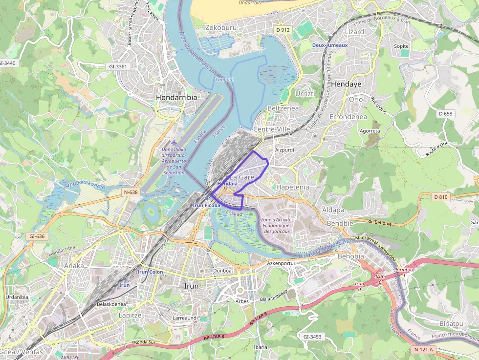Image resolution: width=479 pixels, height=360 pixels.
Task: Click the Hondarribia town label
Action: coord(176,97)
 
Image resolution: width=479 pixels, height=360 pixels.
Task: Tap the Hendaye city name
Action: coord(346,84)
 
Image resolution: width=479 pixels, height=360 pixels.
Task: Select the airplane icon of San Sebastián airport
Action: coord(174,142)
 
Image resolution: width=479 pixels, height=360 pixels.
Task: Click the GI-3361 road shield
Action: coord(118,66)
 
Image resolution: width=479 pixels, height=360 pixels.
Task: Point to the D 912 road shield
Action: coord(283,30)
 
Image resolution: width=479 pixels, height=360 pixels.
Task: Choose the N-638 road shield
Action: coord(131,192)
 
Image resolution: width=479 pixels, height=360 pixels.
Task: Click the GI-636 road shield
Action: coord(37,236)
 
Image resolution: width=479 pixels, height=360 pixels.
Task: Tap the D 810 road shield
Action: coord(440,197)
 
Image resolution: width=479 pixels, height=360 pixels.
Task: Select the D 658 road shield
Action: coord(445,113)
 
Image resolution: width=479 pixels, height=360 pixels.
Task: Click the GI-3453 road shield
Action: coord(312,337)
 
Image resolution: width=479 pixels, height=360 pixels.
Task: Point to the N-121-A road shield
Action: coord(423,350)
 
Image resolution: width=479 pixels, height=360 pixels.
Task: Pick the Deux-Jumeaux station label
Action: coord(330,45)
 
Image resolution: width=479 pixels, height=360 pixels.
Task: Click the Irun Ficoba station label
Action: coord(207,206)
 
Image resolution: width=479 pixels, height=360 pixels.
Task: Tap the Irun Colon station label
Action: coord(150,272)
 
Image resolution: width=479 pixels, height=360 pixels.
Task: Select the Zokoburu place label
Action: coord(221,28)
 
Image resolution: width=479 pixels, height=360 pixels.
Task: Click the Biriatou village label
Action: coord(451,323)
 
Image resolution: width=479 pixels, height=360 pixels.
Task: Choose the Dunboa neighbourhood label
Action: coord(222,270)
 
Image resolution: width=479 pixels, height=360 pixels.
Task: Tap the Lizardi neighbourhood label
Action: coord(355,32)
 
